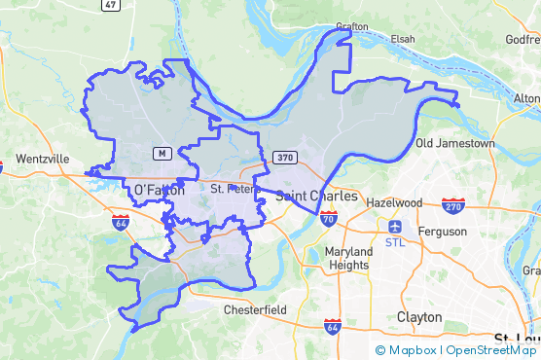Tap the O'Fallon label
(x=159, y=190)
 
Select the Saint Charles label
(x=316, y=196)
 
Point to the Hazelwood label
(x=394, y=202)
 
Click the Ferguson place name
(x=443, y=231)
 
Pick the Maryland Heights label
(x=346, y=258)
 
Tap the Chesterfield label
(x=255, y=309)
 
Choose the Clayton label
(x=419, y=317)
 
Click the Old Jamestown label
(x=454, y=143)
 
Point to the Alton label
(x=526, y=99)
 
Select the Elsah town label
(x=402, y=39)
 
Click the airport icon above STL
(x=395, y=226)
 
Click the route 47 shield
(x=110, y=5)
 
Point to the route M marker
(x=162, y=154)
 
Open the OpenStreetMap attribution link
(x=491, y=350)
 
